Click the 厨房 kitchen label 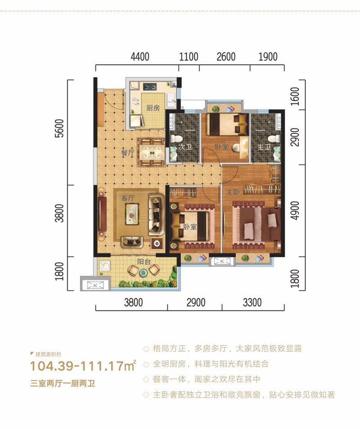(153, 108)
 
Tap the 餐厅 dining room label (127, 152)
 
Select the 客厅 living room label (127, 197)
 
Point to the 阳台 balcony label (144, 262)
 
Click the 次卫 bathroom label (185, 147)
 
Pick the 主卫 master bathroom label (264, 147)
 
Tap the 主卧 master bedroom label (233, 192)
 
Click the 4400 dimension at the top (140, 57)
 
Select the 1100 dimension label (189, 57)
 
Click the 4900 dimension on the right (295, 210)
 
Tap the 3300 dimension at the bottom (252, 303)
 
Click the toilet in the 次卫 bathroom (174, 138)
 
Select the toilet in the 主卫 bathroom (274, 139)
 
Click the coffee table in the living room (132, 214)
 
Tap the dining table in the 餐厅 (151, 152)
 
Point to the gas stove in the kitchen (150, 87)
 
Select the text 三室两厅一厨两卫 (63, 383)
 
